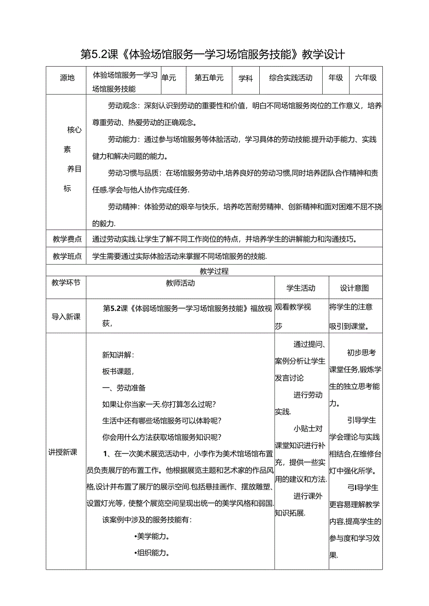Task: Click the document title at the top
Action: (213, 54)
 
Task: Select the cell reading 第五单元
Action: (209, 78)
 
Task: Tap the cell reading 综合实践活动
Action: (291, 78)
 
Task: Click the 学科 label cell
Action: (245, 79)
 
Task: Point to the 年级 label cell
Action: (336, 78)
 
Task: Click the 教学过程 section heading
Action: (214, 271)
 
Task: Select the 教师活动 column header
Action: (180, 283)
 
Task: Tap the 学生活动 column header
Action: (301, 288)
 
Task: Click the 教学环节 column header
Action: (66, 283)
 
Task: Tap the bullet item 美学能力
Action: (151, 536)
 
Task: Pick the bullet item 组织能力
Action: (151, 553)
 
